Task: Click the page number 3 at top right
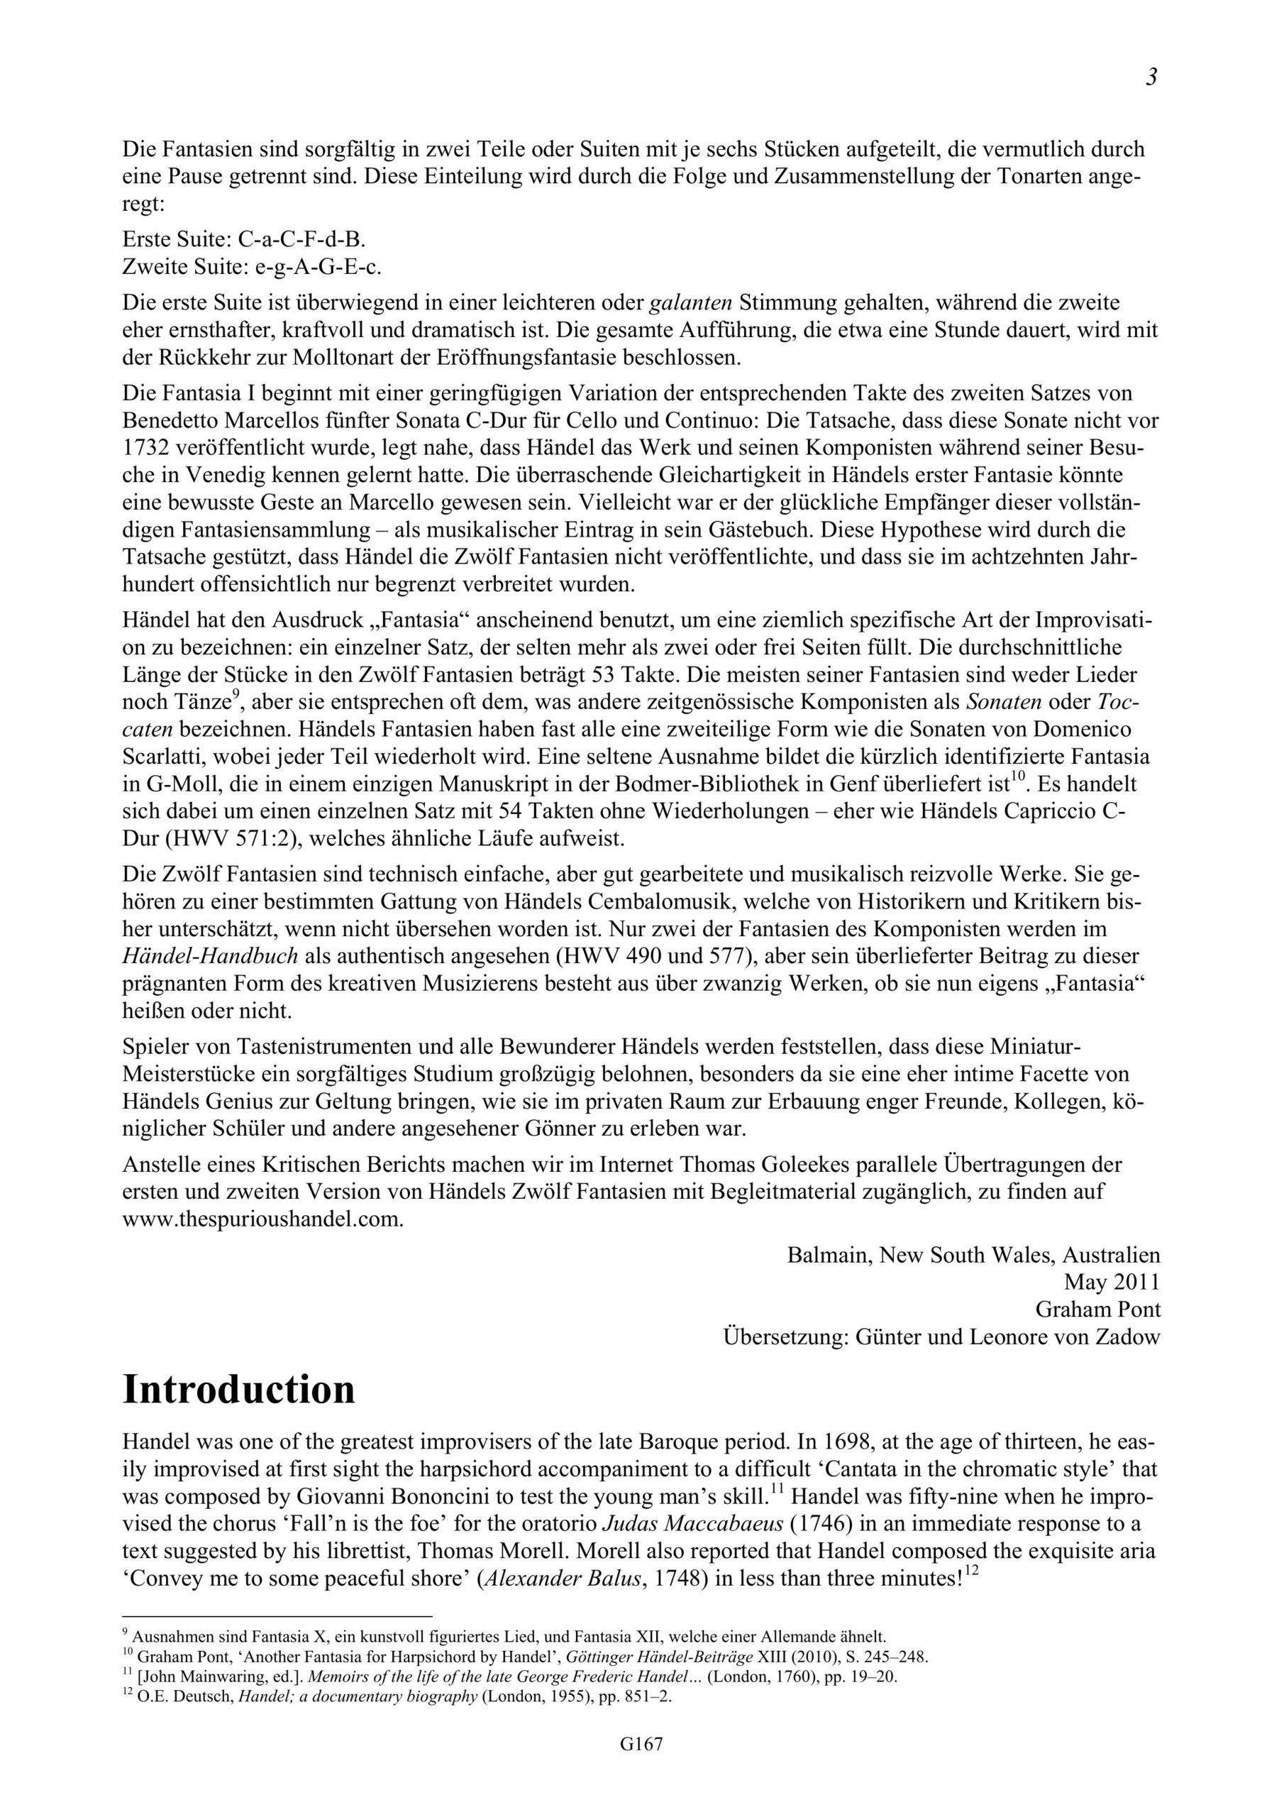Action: [1151, 77]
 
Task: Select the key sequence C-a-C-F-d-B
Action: [301, 239]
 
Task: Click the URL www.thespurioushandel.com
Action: [263, 1218]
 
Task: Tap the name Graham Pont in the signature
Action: [1098, 1309]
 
